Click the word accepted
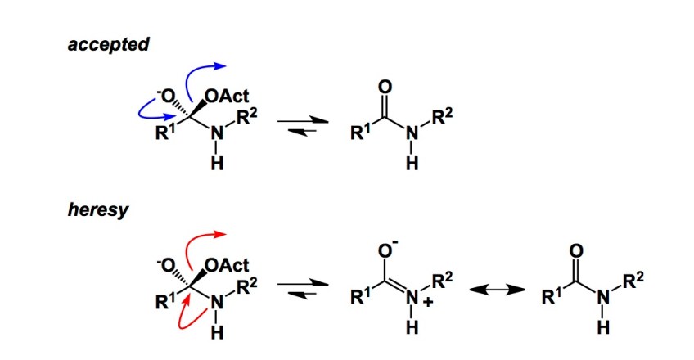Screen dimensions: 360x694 click(108, 44)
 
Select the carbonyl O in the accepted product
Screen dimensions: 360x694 click(386, 87)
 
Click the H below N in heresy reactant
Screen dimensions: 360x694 click(215, 333)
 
